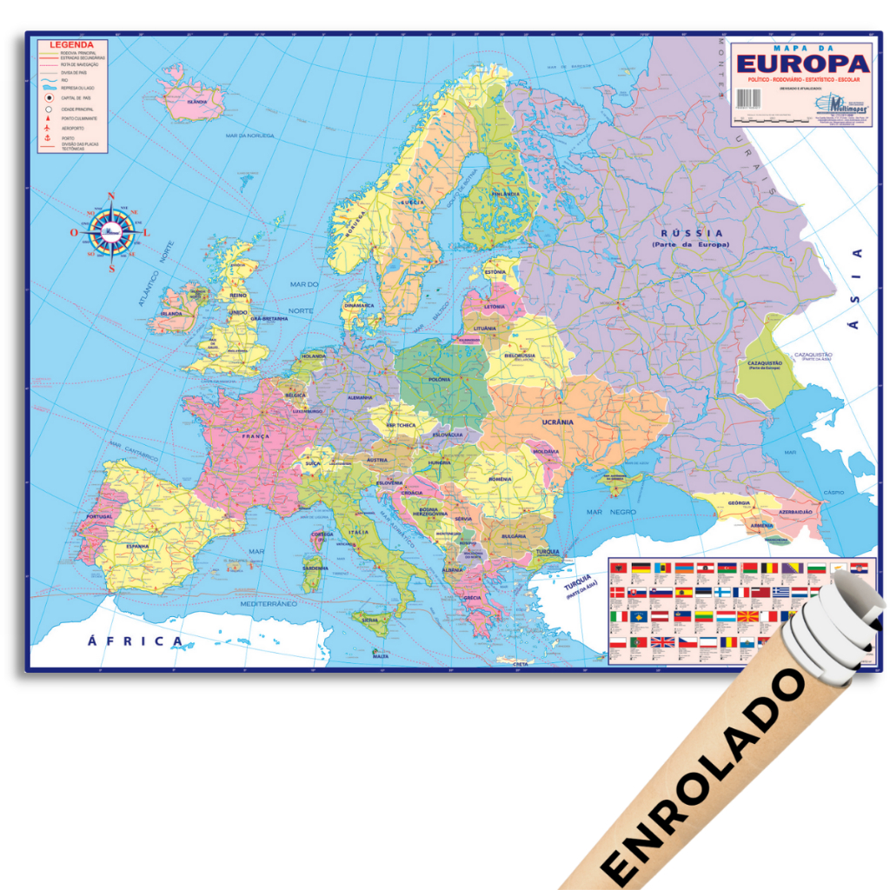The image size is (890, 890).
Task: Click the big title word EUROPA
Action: pos(802,63)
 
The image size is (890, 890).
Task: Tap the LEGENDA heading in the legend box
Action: pos(71,44)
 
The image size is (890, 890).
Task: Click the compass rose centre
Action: pos(111,231)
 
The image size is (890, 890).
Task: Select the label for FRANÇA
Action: pos(256,435)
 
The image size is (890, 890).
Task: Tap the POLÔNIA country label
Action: pos(439,380)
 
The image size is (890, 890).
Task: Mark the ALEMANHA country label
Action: pos(359,397)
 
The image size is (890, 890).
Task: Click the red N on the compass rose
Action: pos(111,197)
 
